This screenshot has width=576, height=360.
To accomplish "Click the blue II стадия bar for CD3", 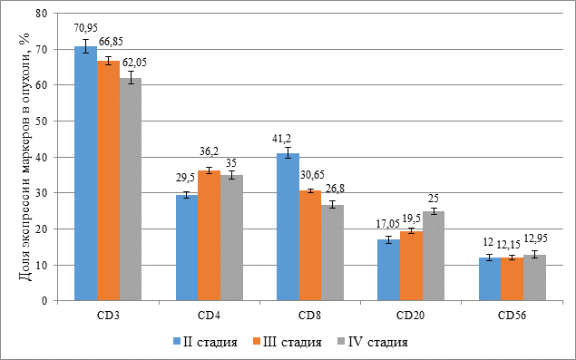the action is [86, 173].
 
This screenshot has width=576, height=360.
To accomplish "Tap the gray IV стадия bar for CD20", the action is [434, 256].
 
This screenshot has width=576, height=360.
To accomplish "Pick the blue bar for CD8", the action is [288, 227].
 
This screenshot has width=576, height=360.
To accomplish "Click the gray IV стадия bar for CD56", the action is [534, 277].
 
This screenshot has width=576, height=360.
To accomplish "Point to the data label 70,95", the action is [85, 28].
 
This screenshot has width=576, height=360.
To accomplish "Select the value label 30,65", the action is [313, 174].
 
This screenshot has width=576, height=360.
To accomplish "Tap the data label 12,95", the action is [535, 238].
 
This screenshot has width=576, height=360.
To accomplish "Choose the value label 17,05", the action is [387, 224].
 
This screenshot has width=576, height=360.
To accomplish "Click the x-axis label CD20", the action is [411, 316].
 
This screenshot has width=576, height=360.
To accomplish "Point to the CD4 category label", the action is [210, 316].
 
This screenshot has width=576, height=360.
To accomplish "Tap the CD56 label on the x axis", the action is [513, 316].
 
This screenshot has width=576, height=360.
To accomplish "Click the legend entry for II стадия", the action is [205, 342].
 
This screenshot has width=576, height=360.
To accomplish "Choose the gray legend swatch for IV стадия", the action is [341, 342].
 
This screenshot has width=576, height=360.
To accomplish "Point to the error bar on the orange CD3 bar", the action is [108, 61].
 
